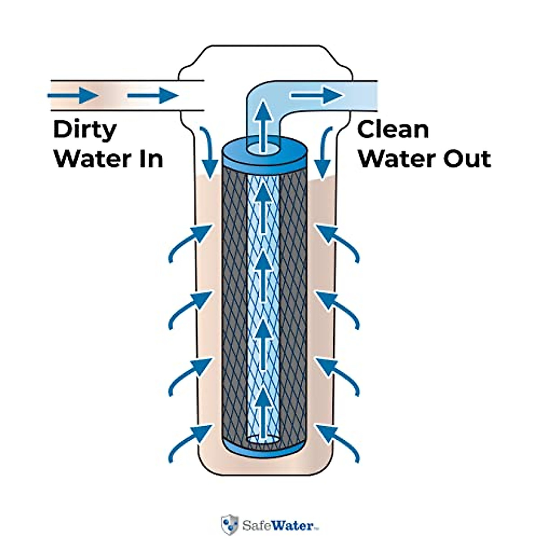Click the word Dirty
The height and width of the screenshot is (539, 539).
(x=84, y=130)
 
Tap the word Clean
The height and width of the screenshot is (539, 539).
(x=393, y=129)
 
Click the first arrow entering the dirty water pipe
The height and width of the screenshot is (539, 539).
(x=72, y=95)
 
